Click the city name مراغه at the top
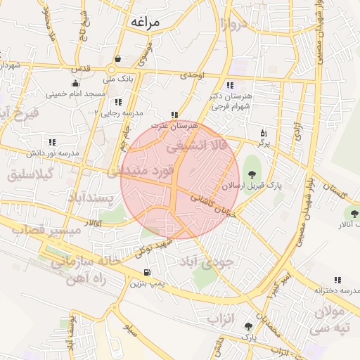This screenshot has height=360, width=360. coord(144,22)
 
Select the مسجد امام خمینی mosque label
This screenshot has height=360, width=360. coord(76,94)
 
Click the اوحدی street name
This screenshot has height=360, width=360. coord(191,74)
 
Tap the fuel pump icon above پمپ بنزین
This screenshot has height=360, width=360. coord(146,273)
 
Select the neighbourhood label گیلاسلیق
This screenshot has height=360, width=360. coord(31,175)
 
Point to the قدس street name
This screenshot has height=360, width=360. coord(83,68)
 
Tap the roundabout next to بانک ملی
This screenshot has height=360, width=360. coord(111,70)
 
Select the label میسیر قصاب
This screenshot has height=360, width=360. coord(35,229)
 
